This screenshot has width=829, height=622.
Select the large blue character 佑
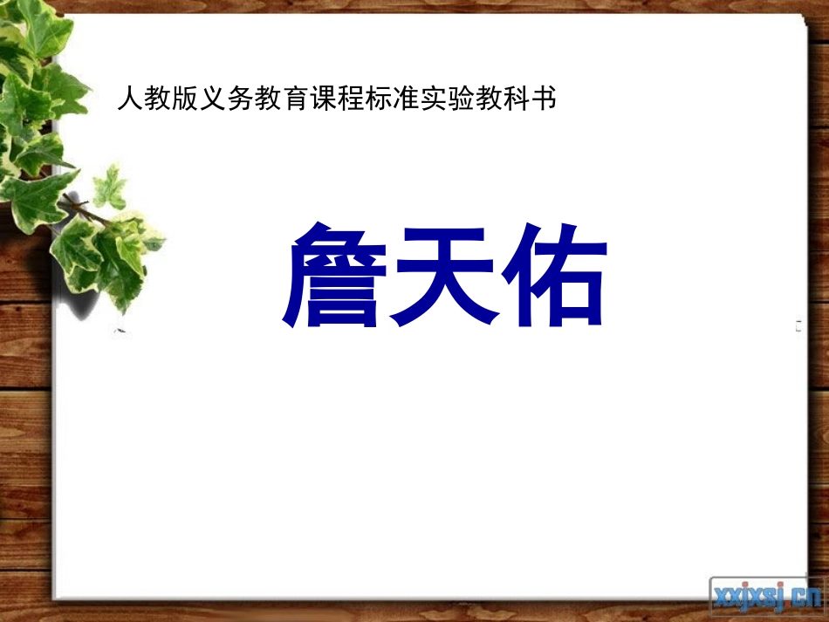pyautogui.click(x=555, y=276)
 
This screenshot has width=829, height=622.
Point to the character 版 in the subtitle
pyautogui.click(x=185, y=99)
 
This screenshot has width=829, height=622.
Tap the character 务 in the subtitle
pyautogui.click(x=240, y=99)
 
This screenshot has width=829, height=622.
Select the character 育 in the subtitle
pyautogui.click(x=295, y=99)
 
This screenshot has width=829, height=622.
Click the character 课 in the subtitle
pyautogui.click(x=323, y=99)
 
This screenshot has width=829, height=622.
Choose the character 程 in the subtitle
pyautogui.click(x=351, y=99)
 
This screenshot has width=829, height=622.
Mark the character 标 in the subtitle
pyautogui.click(x=379, y=99)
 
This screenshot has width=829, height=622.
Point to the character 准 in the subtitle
pyautogui.click(x=406, y=99)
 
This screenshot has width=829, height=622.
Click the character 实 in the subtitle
pyautogui.click(x=434, y=99)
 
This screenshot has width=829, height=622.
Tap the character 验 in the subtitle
pyautogui.click(x=462, y=99)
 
